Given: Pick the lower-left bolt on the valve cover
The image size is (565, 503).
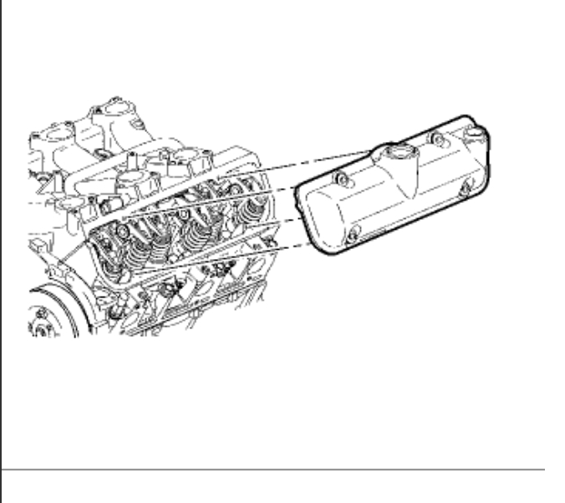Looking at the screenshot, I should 352,235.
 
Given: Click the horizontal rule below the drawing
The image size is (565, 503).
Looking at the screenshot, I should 276,469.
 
